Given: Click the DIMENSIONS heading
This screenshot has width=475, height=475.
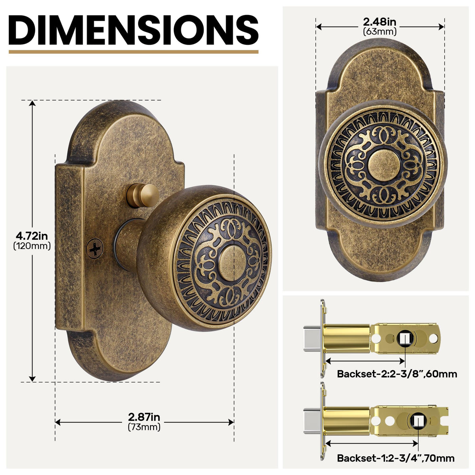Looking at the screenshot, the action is pyautogui.click(x=133, y=30).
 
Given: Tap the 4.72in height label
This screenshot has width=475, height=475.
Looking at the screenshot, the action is pyautogui.click(x=32, y=236).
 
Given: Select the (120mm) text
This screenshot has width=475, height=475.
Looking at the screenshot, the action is pyautogui.click(x=32, y=246).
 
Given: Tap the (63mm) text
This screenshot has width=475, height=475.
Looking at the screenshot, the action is pyautogui.click(x=380, y=32).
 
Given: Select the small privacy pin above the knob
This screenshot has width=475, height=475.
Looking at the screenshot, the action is pyautogui.click(x=142, y=195).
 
